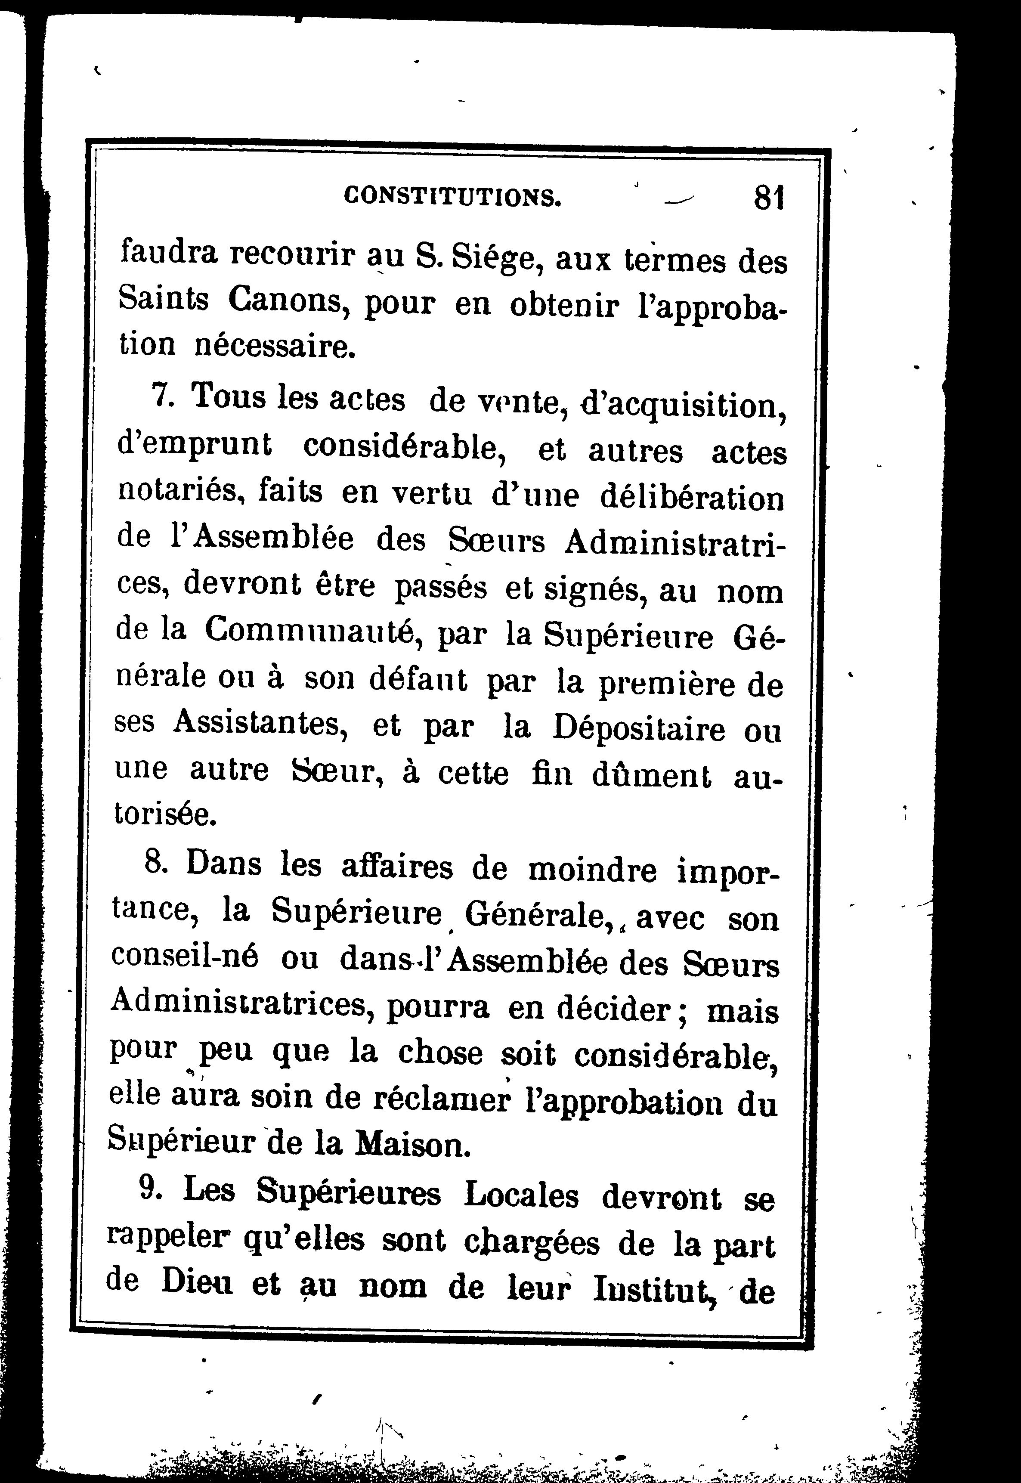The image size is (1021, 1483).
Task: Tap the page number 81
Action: click(769, 198)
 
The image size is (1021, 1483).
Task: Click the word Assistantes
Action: click(260, 724)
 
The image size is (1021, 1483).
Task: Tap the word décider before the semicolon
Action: click(613, 1010)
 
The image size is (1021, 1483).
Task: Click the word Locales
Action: click(521, 1195)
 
